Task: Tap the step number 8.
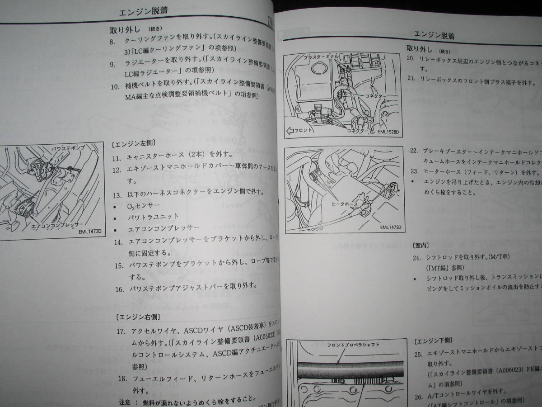(112, 42)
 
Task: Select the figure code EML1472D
(390, 227)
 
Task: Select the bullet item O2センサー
(141, 205)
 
